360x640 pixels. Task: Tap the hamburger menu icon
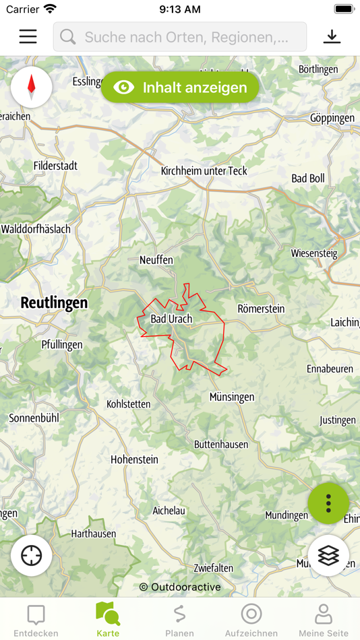click(28, 36)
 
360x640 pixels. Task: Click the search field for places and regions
click(180, 37)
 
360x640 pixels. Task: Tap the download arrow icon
click(332, 36)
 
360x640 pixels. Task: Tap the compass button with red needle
click(31, 87)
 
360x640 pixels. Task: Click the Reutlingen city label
click(54, 302)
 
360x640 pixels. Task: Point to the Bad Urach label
click(171, 319)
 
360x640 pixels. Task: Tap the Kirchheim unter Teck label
click(204, 170)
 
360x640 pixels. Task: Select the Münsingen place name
click(232, 397)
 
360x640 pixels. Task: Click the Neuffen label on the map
click(156, 259)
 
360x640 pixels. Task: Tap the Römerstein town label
click(261, 309)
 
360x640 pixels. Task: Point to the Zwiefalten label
click(213, 568)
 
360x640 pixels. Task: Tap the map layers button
click(328, 556)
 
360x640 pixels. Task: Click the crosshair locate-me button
click(32, 556)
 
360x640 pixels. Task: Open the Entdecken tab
click(36, 620)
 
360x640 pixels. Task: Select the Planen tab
click(179, 620)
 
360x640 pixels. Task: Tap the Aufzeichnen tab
click(251, 620)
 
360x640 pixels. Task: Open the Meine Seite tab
click(324, 620)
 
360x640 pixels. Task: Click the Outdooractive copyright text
click(180, 587)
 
